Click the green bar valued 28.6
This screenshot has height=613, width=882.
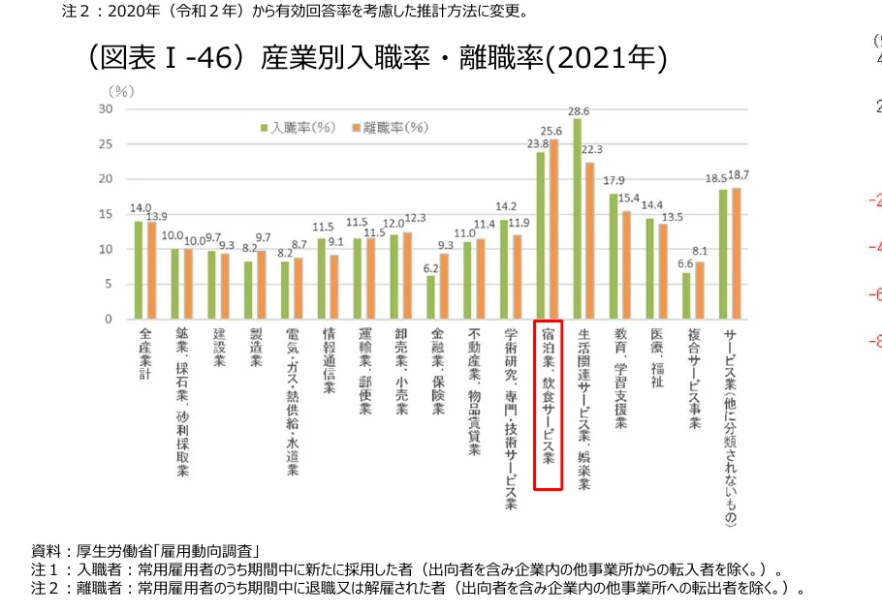(x=578, y=219)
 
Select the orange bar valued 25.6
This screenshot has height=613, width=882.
(x=554, y=230)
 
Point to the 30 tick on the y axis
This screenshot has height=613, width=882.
(x=104, y=109)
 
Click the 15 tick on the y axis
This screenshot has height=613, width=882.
(x=104, y=214)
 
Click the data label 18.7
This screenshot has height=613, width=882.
(x=738, y=175)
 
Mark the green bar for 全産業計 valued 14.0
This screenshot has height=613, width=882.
(x=140, y=270)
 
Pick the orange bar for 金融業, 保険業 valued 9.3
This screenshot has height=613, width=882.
(x=444, y=287)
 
